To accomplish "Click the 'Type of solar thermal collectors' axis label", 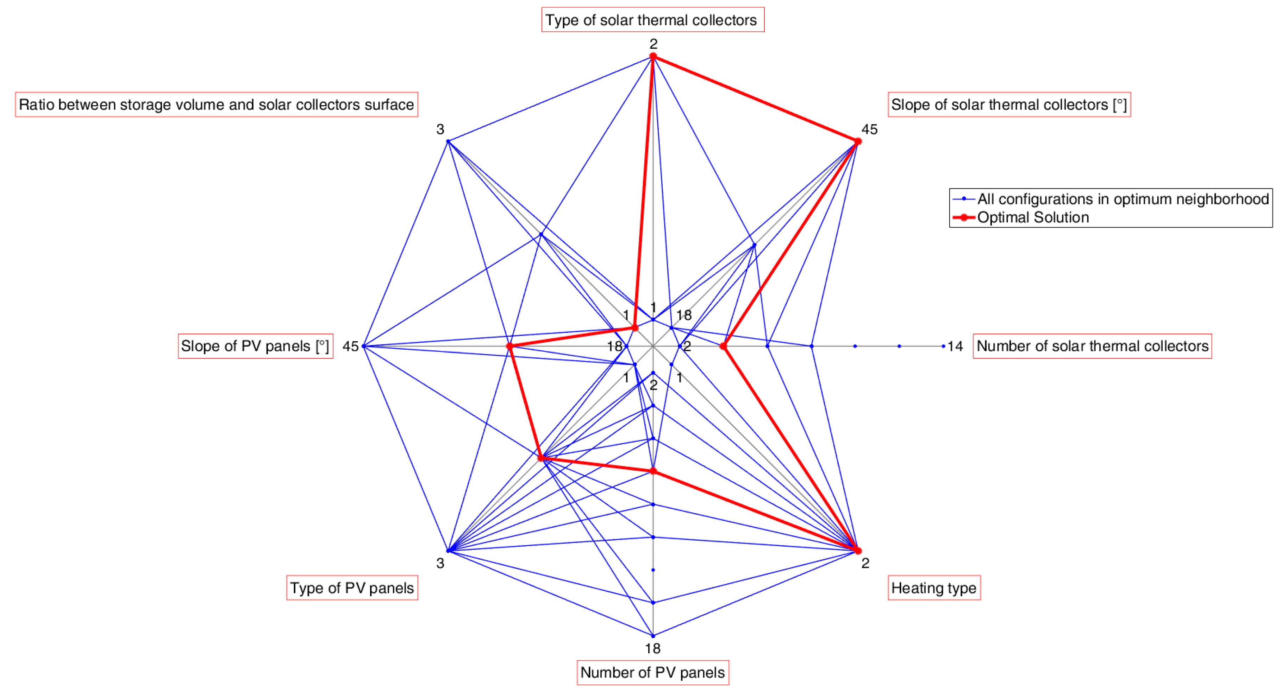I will coord(652,20).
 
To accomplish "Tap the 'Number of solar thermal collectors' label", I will coord(1092,346).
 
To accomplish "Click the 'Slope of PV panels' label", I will coord(255,346).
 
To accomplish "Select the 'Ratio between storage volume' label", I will coord(216,104).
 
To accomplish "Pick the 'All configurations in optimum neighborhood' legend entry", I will coord(1123,199).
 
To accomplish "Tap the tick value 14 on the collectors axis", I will coord(955,346).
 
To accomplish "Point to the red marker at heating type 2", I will coord(857,550).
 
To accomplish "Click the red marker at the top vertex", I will coord(652,57).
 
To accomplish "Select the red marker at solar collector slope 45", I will coord(857,142).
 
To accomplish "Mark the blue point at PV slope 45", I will coord(363,346).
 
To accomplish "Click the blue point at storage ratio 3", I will coord(448,142).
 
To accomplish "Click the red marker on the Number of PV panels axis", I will coord(652,471).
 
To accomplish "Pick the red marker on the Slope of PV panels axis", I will coord(509,346).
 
